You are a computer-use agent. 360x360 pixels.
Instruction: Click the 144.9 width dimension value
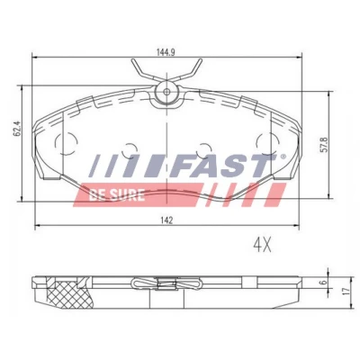coord(166,51)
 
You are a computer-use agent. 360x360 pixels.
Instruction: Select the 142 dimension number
coord(166,220)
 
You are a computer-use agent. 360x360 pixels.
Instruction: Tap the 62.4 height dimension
coord(17,129)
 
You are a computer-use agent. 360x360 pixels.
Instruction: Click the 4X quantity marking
coord(262,246)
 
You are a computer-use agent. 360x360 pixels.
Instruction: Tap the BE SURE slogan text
coord(117,195)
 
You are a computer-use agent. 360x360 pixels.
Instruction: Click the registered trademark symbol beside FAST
coord(283,157)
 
